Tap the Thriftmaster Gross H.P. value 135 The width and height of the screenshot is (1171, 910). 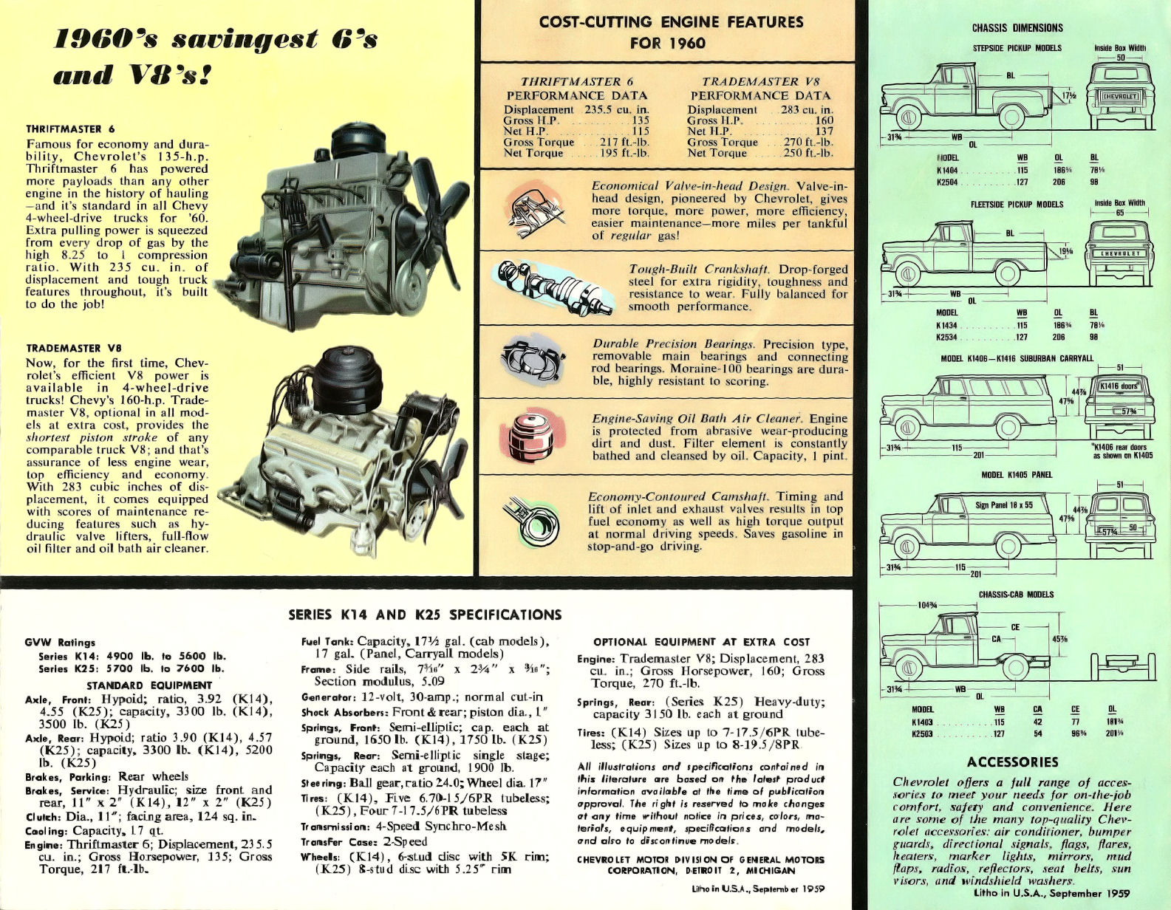pos(640,120)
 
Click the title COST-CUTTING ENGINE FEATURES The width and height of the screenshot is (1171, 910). pos(671,22)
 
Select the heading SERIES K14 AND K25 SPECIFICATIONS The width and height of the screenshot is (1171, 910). pos(425,615)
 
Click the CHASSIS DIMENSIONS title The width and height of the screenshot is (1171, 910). pos(1017,28)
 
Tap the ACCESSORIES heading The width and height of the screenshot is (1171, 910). pos(1012,762)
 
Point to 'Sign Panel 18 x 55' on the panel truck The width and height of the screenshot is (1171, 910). pos(1003,505)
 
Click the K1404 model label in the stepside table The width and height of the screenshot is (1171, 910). pos(947,170)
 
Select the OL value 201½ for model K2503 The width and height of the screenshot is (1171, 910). pos(1113,733)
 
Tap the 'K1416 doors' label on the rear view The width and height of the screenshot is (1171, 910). pos(1119,386)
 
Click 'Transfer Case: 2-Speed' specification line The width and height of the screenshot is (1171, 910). pos(363,841)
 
